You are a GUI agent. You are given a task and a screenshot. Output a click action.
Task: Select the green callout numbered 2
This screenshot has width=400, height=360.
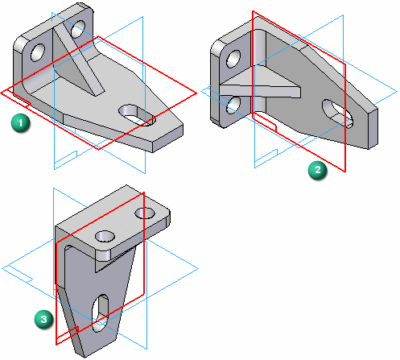tap(320, 170)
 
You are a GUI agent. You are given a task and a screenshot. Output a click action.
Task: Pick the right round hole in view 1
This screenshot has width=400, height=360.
tap(79, 30)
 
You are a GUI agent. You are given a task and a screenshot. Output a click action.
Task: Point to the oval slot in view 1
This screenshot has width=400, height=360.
tap(137, 114)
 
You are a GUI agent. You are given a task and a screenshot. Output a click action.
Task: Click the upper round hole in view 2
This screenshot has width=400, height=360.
tap(233, 59)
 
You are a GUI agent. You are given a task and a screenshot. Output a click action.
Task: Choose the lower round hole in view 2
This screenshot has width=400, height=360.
tap(233, 104)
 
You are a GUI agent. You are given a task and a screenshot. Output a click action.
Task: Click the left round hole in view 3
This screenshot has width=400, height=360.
tap(105, 237)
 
